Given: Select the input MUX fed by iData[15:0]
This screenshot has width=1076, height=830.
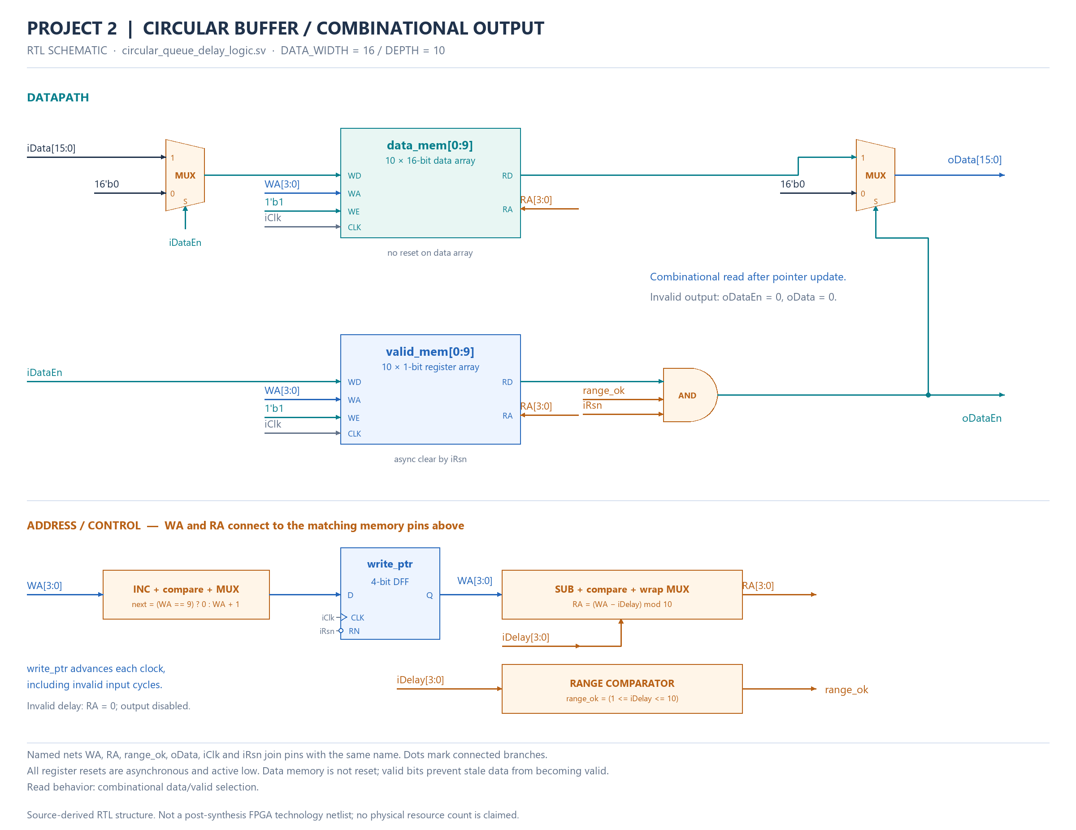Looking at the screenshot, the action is coord(185,175).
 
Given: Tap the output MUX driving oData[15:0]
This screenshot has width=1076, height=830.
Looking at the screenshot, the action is coord(875,175).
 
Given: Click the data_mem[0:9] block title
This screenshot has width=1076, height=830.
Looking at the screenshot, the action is coord(430,145).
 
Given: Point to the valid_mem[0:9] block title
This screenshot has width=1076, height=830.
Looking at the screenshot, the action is coord(430,351).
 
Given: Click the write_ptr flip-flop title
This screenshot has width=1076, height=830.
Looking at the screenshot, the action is coord(390,564).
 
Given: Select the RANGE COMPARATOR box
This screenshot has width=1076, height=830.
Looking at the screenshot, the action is coord(622,689).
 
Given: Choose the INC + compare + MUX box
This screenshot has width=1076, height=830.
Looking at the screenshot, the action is coord(186,594).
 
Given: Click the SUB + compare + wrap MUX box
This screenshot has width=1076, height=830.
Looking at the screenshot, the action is coord(622,594).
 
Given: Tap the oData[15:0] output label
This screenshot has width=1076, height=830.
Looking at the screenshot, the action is coord(974,160).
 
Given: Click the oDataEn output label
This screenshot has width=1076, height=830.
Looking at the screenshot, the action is coord(981,418).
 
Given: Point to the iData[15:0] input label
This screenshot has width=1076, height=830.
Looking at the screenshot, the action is coord(51,148).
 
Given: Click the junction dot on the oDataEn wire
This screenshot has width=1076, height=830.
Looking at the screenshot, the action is coord(928,395).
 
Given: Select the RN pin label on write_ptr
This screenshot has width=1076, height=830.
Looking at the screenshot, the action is coord(354,631).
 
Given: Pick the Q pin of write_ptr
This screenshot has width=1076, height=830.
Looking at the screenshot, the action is coord(430,595).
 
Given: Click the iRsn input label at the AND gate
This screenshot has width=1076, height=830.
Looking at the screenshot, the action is coord(592,405).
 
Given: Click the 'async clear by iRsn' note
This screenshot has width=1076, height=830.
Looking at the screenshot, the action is coord(430,459).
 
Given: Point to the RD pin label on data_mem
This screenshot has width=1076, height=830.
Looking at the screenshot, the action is coord(507,175).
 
